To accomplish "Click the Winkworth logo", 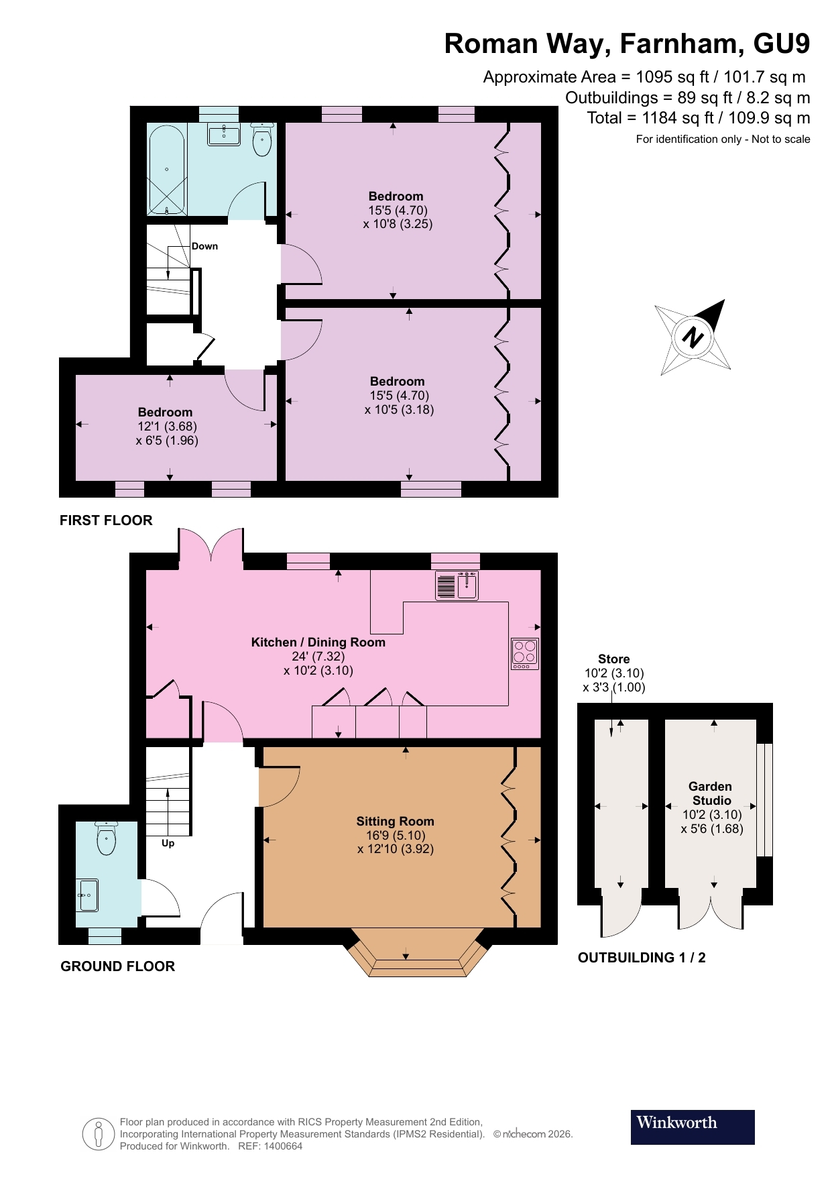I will point(692,1127).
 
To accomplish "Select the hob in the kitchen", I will point(525,653).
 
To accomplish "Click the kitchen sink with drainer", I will point(457,585).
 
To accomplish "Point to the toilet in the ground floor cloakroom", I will point(106,838).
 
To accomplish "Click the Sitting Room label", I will point(395,822).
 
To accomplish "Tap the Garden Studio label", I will point(711,793).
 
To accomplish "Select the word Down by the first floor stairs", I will point(204,246).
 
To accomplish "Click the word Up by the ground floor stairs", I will point(168,843).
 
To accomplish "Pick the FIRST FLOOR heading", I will point(106,520).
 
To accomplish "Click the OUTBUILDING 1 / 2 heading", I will point(642,958).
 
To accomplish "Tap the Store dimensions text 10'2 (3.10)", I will point(614,673).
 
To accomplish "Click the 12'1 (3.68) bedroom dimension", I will point(167,427).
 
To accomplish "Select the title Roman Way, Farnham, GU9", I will point(627,44).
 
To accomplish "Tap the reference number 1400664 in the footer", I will point(283,1146).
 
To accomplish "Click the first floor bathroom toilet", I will point(262,140).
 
